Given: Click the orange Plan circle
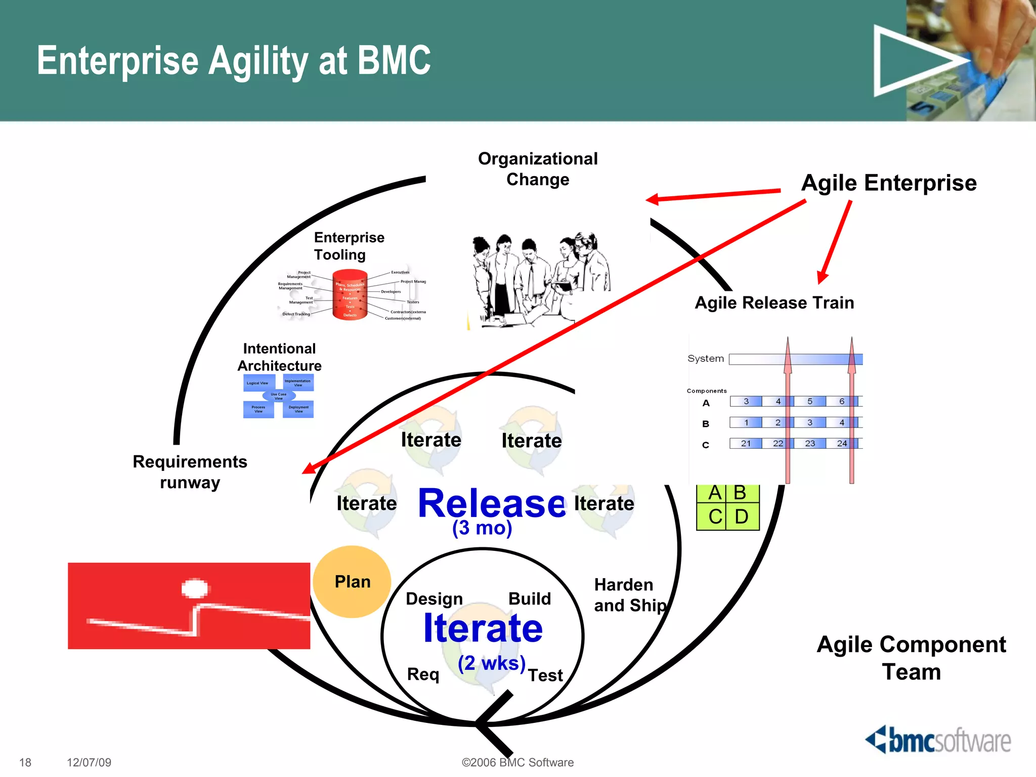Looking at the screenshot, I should click(x=352, y=582).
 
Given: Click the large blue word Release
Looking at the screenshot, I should click(x=492, y=503).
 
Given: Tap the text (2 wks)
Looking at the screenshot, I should click(x=492, y=663).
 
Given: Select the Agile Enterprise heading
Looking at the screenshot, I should click(x=889, y=183).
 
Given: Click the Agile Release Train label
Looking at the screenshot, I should click(x=774, y=303).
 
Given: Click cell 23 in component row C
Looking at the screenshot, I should click(x=809, y=444).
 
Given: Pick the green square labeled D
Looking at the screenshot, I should click(x=742, y=516).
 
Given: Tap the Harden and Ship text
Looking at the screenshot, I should click(x=630, y=595).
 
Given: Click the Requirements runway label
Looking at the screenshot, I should click(x=190, y=471).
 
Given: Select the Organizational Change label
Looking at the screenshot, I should click(x=538, y=169).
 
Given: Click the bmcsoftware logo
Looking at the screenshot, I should click(x=938, y=741).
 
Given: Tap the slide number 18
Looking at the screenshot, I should click(x=25, y=762).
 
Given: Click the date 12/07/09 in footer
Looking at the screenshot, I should click(x=89, y=762).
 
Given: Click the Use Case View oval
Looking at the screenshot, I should click(x=279, y=396).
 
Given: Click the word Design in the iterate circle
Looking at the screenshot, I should click(x=434, y=599).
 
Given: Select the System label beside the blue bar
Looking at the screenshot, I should click(x=705, y=359).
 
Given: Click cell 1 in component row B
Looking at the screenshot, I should click(x=746, y=422).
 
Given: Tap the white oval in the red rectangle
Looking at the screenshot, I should click(x=195, y=588).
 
